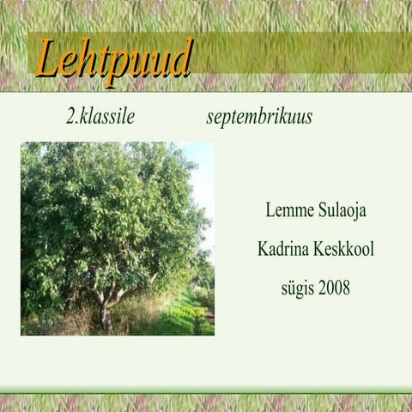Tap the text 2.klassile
coord(100,118)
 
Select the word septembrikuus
coord(259,118)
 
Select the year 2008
coord(334,288)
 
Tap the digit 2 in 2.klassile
coord(70,118)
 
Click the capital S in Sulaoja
coord(317,210)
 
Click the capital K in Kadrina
coord(264,249)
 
